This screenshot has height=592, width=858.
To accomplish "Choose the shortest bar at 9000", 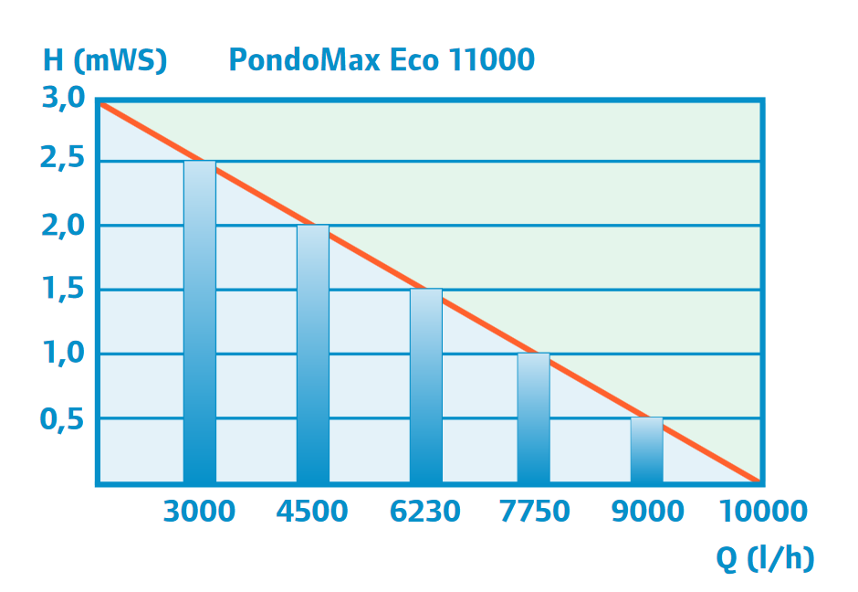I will [x=647, y=449].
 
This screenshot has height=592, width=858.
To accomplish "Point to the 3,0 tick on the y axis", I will [x=63, y=97].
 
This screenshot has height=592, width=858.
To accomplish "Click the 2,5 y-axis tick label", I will [x=63, y=161].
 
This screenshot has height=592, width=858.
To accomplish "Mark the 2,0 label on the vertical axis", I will [x=63, y=225].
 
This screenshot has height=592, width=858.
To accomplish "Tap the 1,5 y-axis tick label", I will [x=63, y=290].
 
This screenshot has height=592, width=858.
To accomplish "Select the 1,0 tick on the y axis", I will [x=63, y=354].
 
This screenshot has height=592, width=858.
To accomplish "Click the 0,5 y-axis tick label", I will [x=63, y=418].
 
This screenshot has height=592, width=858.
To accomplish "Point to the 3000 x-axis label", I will [x=199, y=512].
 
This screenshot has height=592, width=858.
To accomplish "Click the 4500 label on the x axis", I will [x=312, y=512].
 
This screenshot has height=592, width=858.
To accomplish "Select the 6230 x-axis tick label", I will [x=425, y=512].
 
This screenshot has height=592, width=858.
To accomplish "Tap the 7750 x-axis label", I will [x=535, y=512].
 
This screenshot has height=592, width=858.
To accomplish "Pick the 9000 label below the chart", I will [x=647, y=512].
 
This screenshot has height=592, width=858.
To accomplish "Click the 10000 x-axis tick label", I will [x=764, y=512].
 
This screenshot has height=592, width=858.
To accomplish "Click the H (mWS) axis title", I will [x=105, y=61].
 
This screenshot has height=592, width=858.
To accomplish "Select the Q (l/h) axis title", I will [x=765, y=559].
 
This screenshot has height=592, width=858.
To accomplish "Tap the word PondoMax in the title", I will [x=305, y=60].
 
